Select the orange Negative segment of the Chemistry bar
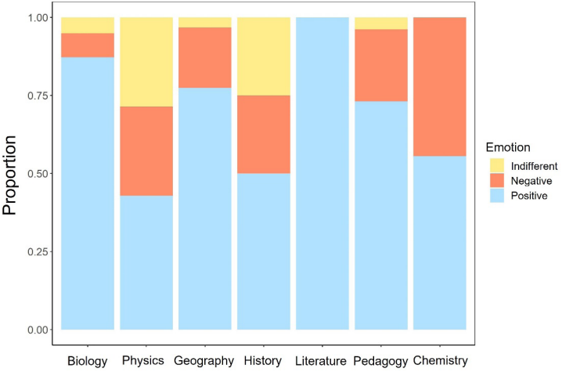pos(440,86)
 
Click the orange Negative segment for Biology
pos(88,45)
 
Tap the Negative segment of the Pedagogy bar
pos(381,65)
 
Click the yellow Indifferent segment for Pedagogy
pos(381,23)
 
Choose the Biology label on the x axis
pos(88,361)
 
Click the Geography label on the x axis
pos(205,361)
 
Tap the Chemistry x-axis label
pos(440,361)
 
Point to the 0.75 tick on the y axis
pos(36,96)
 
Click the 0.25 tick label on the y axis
pos(36,251)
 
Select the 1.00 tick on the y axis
pos(36,17)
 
